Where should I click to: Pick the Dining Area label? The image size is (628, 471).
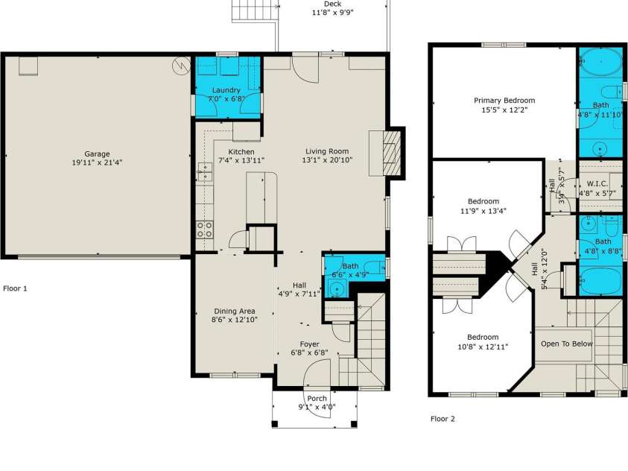[x=235, y=312]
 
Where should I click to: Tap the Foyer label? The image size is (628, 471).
[x=310, y=344]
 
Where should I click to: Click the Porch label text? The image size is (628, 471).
[x=317, y=399]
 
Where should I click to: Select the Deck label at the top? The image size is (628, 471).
[x=332, y=4]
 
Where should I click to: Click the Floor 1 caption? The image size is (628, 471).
[x=16, y=288]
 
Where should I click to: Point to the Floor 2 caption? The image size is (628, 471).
[x=443, y=419]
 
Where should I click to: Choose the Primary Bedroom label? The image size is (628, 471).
[x=504, y=101]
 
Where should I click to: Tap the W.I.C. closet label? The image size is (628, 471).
[x=598, y=183]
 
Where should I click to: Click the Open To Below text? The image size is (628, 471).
[x=566, y=344]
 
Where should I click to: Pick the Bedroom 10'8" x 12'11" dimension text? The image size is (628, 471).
[x=482, y=347]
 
